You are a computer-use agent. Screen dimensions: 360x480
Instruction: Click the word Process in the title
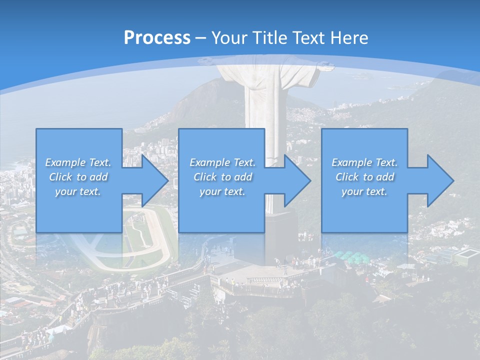coord(157,37)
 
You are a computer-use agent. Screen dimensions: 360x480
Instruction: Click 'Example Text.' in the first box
coord(78,162)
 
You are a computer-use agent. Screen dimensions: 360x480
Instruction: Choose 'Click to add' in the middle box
coord(222,177)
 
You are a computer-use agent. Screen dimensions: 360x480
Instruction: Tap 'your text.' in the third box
coord(364,191)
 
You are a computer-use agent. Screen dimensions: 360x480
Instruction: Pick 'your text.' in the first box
coord(78,191)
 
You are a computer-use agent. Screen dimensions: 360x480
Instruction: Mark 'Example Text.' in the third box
coord(364,162)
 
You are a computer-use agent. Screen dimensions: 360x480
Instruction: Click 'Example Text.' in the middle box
coord(222,162)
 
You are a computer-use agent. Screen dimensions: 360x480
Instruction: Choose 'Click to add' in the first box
coord(78,177)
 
